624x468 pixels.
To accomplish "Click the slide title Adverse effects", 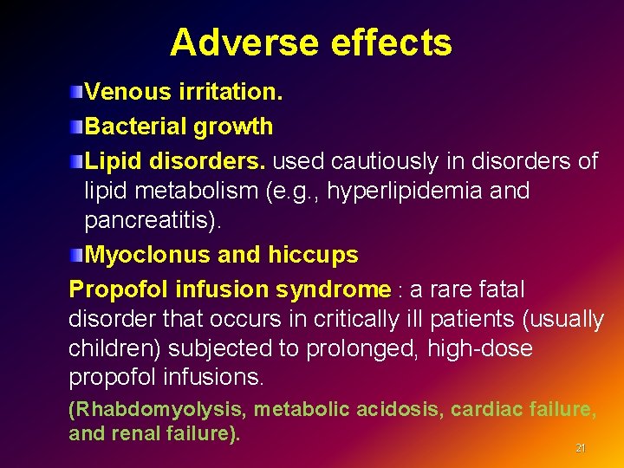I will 310,42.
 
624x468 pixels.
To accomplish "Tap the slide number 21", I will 581,448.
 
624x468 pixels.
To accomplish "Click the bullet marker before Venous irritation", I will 77,91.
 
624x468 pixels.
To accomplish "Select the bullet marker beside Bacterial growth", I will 77,127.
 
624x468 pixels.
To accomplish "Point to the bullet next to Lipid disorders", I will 77,162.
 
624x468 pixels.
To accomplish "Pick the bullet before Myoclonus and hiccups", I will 77,255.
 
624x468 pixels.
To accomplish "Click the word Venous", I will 121,91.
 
